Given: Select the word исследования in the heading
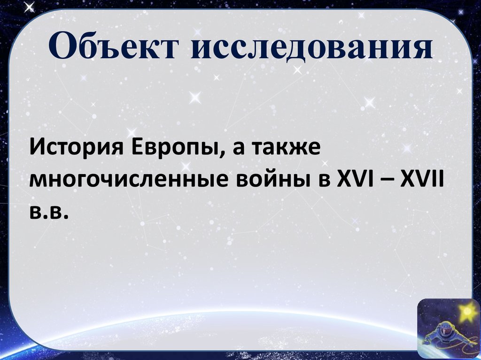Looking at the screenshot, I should (x=312, y=48).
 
